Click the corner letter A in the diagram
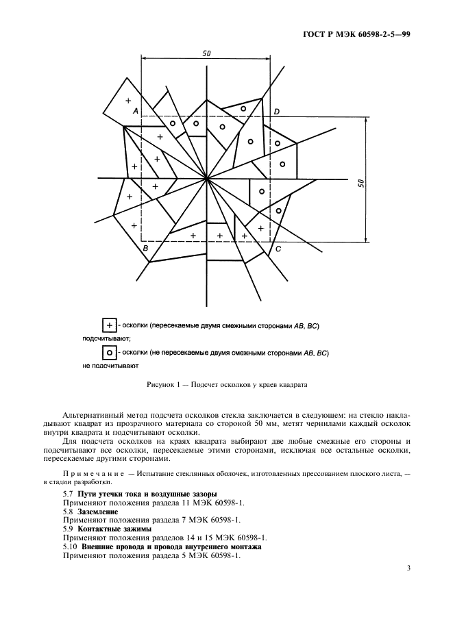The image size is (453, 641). pos(136,110)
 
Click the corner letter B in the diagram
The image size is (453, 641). pos(145,249)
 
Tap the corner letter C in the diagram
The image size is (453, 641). pos(278,249)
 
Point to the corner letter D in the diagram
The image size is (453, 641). pos(276,111)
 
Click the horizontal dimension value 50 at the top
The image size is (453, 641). pos(206,53)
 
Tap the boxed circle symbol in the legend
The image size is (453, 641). pos(108,353)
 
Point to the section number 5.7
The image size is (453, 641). pos(68,494)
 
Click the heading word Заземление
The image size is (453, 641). pos(97,512)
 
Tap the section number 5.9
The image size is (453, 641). pos(68,529)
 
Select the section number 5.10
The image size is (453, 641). pos(70,547)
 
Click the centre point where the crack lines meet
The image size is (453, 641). pos(206,179)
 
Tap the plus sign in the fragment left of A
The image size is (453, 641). pos(127,101)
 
